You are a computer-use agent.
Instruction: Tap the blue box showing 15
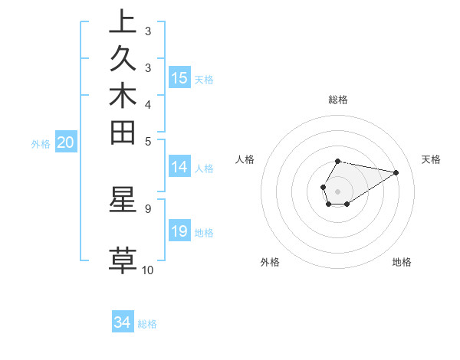click(x=179, y=78)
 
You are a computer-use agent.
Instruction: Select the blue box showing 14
click(x=179, y=168)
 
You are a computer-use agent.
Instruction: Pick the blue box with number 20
click(x=66, y=142)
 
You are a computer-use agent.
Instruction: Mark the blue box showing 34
click(x=123, y=323)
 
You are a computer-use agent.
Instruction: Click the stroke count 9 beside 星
click(x=147, y=208)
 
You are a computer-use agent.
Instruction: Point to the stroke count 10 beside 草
click(x=147, y=270)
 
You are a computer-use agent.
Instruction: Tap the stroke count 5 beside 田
click(x=147, y=142)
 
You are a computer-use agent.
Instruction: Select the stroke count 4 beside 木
click(x=147, y=104)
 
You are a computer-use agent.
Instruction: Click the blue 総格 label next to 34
click(x=147, y=324)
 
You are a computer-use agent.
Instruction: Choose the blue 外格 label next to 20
click(x=41, y=143)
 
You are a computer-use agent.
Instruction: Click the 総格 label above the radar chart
click(x=338, y=100)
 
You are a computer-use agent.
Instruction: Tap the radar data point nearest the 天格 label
click(x=396, y=172)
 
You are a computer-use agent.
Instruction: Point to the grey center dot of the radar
click(x=338, y=191)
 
